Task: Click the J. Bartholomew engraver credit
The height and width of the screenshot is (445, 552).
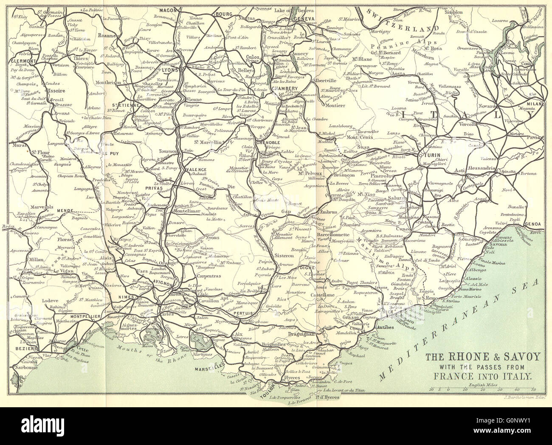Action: click(x=522, y=397)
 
